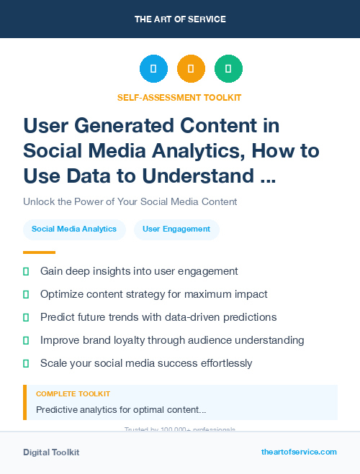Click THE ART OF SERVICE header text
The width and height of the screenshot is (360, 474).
pos(180,19)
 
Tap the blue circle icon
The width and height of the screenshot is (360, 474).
pos(153,69)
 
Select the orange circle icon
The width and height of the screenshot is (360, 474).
pos(191,69)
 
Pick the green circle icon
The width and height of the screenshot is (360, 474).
pos(228,69)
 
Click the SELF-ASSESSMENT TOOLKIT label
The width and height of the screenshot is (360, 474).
pos(179,97)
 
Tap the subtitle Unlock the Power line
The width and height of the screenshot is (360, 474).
pos(130,201)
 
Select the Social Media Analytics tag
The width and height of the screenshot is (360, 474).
pos(74,229)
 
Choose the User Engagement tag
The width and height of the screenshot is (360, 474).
pos(176,229)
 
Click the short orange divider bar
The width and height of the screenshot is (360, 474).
pos(39,252)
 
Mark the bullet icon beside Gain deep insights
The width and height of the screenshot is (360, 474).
pos(26,271)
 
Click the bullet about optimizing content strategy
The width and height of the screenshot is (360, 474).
pos(153,294)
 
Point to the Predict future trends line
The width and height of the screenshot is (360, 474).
pos(158,317)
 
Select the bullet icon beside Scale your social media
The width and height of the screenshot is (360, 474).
pos(26,363)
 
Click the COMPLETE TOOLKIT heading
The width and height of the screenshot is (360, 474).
pos(73,394)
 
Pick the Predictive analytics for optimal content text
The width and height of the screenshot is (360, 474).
pos(121,410)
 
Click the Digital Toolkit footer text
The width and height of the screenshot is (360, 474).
pos(51,452)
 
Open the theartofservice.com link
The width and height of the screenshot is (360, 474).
pos(299,452)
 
